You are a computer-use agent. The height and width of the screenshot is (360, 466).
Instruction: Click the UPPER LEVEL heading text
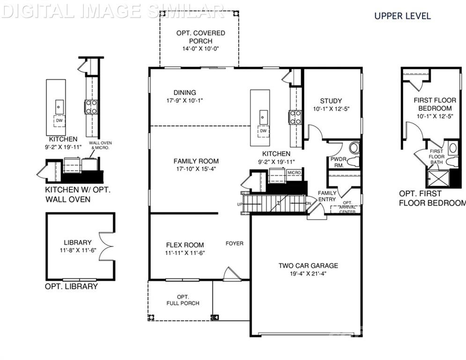[x=402, y=16]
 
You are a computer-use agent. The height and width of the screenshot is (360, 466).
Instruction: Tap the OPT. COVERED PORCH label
[x=200, y=37]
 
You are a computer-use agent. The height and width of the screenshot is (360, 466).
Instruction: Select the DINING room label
[x=185, y=92]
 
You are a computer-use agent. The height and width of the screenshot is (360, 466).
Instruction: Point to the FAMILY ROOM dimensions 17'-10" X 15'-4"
[x=194, y=169]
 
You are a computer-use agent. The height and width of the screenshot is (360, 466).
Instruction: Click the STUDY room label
[x=331, y=101]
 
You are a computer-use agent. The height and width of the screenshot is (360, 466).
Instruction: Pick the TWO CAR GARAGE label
[x=308, y=266]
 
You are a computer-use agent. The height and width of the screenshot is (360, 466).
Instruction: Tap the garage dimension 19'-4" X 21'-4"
[x=308, y=273]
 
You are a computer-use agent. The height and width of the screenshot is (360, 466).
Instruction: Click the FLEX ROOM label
[x=185, y=245]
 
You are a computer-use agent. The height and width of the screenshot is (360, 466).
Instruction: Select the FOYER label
[x=234, y=243]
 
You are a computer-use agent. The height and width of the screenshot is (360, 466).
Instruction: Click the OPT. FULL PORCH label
[x=183, y=300]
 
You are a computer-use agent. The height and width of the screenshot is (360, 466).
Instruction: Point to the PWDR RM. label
[x=338, y=162]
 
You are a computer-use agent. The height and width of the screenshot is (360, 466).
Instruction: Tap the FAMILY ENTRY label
[x=327, y=196]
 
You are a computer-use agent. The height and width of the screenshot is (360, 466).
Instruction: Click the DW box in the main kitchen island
[x=263, y=131]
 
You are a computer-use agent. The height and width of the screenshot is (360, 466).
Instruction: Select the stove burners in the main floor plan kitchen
[x=296, y=117]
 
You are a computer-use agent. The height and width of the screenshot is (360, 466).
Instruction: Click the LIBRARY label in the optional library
[x=78, y=242]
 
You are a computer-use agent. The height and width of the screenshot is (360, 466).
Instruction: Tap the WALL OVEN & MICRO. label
[x=101, y=145]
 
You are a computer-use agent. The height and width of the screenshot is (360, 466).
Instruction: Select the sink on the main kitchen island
[x=264, y=114]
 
